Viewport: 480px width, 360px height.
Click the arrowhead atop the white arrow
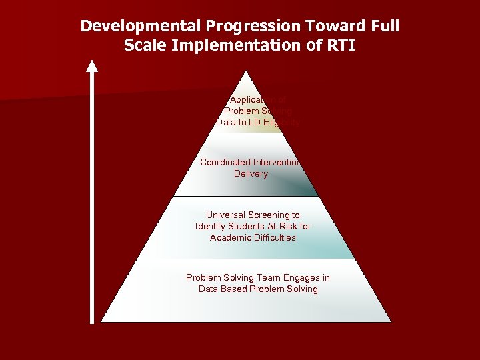(x=92, y=65)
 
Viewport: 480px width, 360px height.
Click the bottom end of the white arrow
(x=92, y=321)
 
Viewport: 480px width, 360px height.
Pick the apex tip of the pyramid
(x=247, y=72)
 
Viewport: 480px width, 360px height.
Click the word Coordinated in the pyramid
(x=225, y=162)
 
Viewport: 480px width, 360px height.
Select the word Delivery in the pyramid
(x=251, y=173)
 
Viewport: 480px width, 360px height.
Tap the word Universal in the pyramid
(x=225, y=215)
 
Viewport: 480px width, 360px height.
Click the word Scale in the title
(x=143, y=47)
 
